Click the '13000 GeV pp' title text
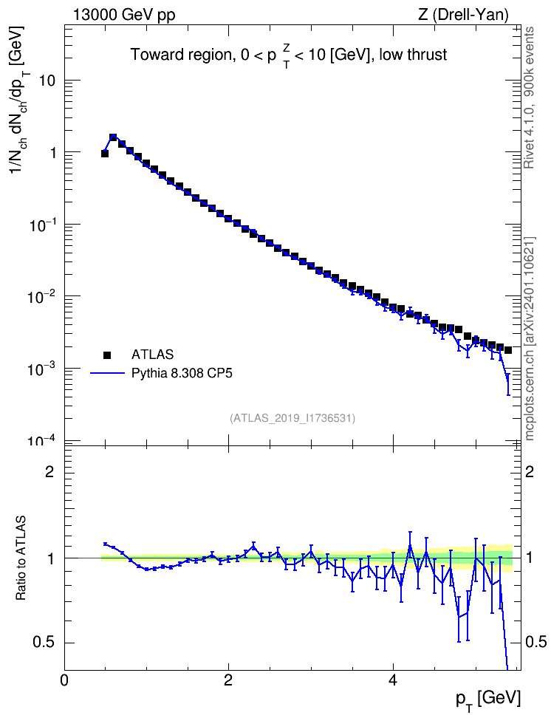pyautogui.click(x=123, y=15)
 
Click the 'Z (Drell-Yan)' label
pyautogui.click(x=463, y=15)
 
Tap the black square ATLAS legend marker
pyautogui.click(x=107, y=355)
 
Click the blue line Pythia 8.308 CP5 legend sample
pyautogui.click(x=108, y=374)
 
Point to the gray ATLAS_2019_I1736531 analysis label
pyautogui.click(x=292, y=418)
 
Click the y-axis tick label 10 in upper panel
pyautogui.click(x=47, y=81)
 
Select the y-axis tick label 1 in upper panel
pyautogui.click(x=52, y=152)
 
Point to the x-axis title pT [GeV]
pyautogui.click(x=488, y=700)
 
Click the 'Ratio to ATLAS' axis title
pyautogui.click(x=21, y=558)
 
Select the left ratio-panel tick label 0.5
pyautogui.click(x=44, y=643)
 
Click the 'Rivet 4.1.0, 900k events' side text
pyautogui.click(x=530, y=98)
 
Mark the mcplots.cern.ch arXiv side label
pyautogui.click(x=530, y=339)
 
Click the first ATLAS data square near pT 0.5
pyautogui.click(x=105, y=154)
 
